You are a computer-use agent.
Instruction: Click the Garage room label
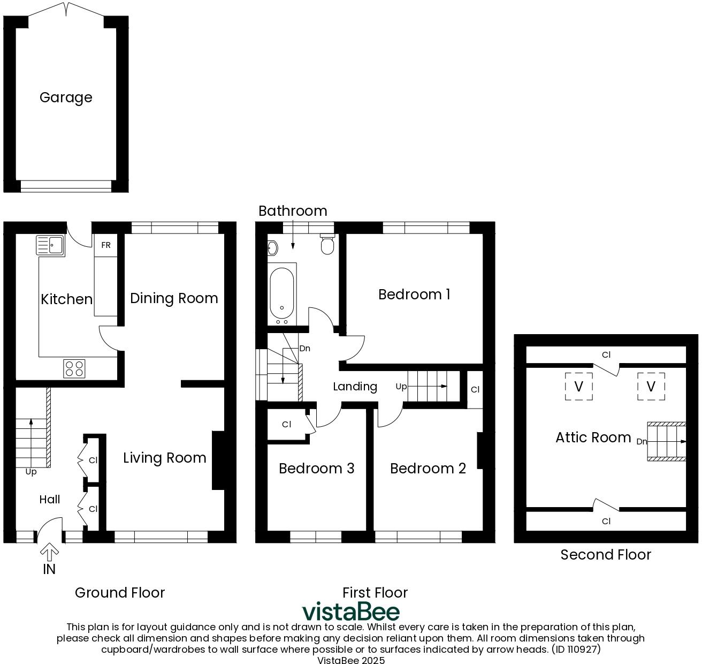(x=66, y=97)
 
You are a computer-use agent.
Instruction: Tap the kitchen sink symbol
(x=50, y=246)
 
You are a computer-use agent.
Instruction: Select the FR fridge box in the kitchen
(x=106, y=245)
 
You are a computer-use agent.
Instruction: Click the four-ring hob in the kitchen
(x=74, y=368)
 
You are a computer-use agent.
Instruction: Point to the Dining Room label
(x=174, y=298)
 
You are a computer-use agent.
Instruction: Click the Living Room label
(x=164, y=458)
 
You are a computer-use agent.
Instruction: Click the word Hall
(x=50, y=500)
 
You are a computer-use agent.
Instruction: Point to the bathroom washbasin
(x=272, y=248)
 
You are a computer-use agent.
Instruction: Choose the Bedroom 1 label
(x=414, y=295)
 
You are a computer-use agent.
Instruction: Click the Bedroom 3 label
(x=316, y=469)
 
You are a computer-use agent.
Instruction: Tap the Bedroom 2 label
(x=428, y=469)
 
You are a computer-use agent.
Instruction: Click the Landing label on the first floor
(x=355, y=387)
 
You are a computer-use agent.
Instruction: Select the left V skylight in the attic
(x=578, y=386)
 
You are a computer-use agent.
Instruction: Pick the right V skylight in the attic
(x=651, y=386)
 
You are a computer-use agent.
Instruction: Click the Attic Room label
(x=593, y=437)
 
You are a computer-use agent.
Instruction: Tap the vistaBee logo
(x=350, y=612)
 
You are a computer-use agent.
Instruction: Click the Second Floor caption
(x=605, y=555)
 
